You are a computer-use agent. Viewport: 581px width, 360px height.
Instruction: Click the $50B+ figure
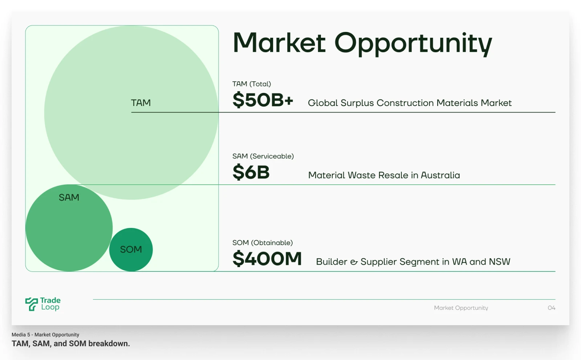[263, 100]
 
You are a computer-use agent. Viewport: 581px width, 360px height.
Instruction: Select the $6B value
[251, 172]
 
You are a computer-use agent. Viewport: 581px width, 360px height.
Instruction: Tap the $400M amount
[267, 259]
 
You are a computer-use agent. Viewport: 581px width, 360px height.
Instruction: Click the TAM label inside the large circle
[141, 103]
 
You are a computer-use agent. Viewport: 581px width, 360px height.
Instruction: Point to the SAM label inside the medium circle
[69, 197]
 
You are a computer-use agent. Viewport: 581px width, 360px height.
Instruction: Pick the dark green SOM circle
[131, 250]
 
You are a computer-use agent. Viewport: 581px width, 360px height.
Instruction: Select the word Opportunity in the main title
[413, 44]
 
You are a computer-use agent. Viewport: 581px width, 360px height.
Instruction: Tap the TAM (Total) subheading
[252, 84]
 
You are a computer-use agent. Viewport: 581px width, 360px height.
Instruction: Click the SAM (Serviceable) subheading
[263, 156]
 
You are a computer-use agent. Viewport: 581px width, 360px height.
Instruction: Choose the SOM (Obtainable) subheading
[263, 243]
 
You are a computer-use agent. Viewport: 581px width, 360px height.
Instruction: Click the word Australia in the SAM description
[440, 176]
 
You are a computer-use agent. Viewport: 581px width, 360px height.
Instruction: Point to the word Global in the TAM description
[323, 103]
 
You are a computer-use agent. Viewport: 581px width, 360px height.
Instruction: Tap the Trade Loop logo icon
[32, 304]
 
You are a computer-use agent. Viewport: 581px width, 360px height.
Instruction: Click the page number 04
[552, 308]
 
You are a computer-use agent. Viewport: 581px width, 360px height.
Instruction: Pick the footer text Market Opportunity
[461, 308]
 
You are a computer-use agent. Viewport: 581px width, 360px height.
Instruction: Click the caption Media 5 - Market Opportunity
[45, 335]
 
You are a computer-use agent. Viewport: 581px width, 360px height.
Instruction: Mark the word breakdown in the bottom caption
[109, 344]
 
